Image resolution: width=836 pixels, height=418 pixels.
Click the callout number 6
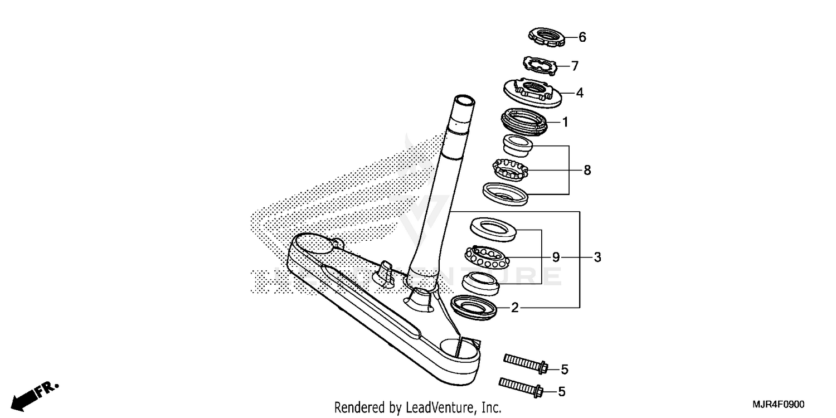point(582,37)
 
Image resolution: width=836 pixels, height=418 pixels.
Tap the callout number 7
point(575,66)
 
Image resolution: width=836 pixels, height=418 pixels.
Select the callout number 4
point(580,93)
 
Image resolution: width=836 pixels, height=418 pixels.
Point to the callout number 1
point(565,122)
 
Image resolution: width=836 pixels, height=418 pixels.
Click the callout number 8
point(587,170)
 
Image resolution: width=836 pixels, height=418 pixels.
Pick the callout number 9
point(556,257)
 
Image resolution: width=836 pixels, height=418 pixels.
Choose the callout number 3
point(597,257)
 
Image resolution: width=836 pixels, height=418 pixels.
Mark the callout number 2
point(515,307)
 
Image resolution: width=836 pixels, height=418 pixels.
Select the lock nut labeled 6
point(547,38)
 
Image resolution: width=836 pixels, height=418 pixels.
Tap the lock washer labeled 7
point(539,65)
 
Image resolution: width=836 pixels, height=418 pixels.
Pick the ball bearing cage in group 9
point(487,257)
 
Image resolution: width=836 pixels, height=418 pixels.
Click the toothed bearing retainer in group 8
point(509,169)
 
